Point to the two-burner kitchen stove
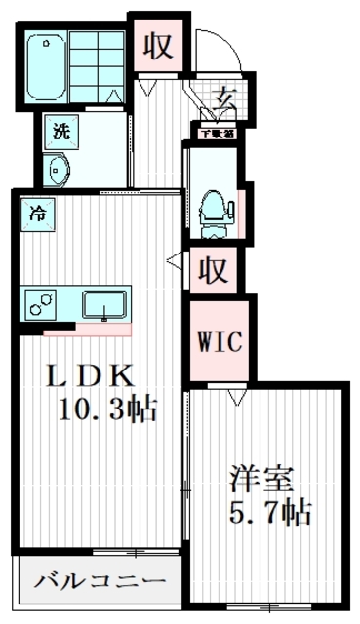tap(40, 304)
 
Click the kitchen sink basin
tap(101, 305)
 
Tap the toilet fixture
tap(212, 207)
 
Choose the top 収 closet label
tap(159, 45)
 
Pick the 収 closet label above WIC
tap(214, 270)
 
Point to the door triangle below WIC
tap(234, 397)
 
